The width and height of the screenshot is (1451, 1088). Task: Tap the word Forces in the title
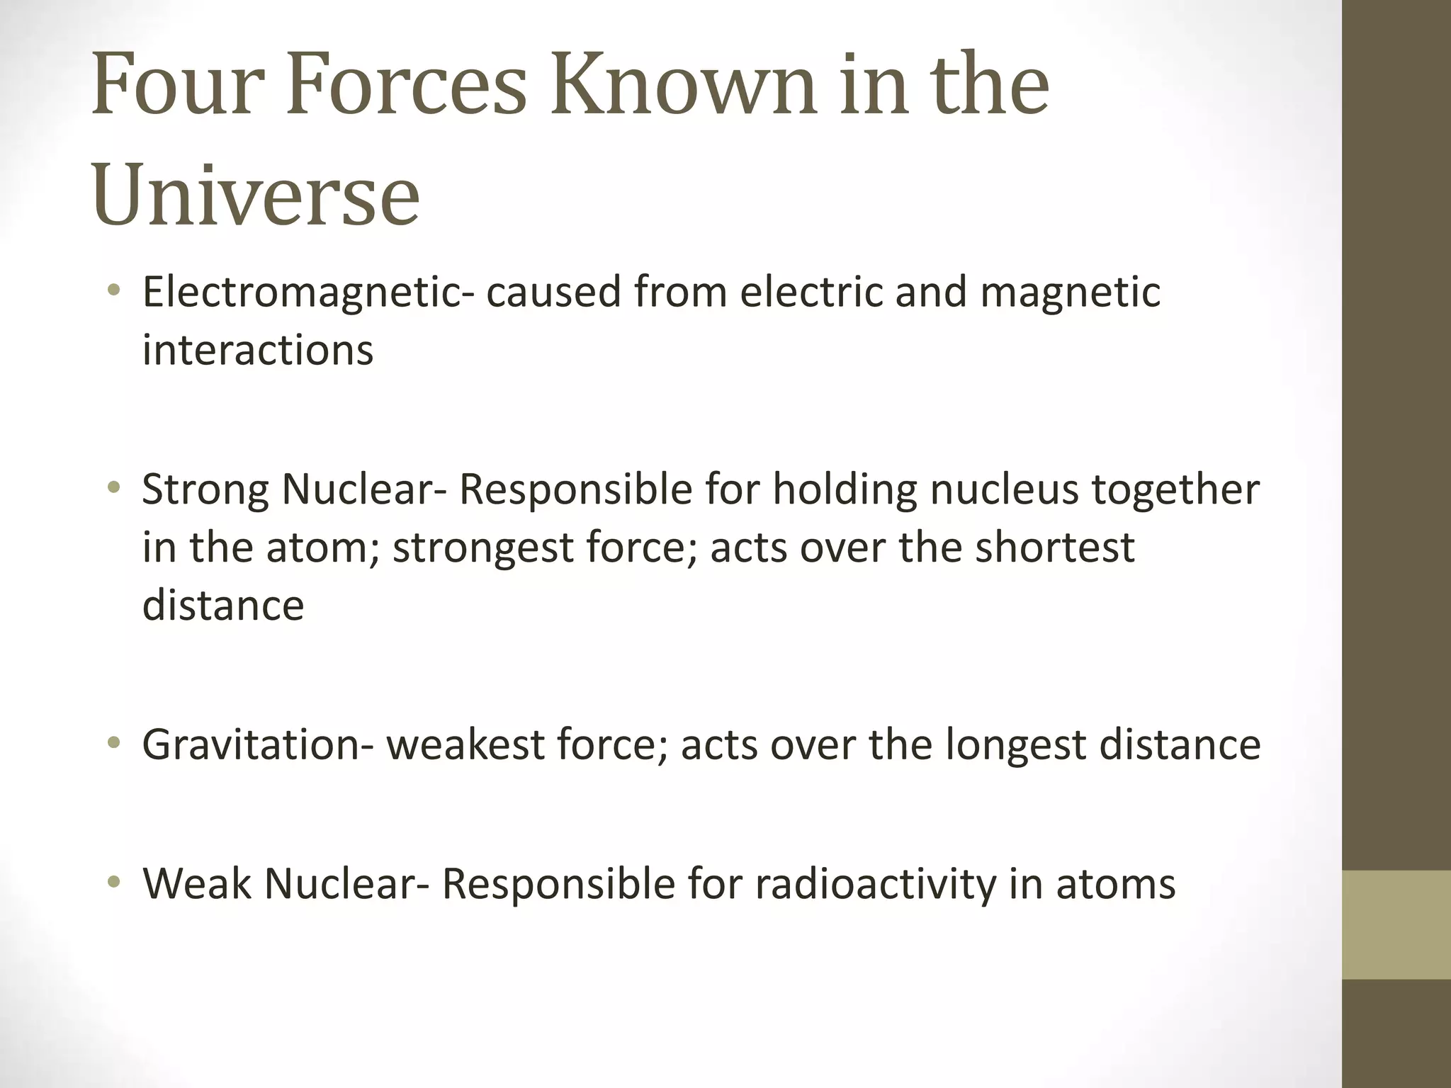coord(407,87)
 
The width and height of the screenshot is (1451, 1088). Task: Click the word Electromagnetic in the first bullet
coord(302,293)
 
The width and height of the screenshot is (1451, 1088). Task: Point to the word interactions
coord(257,351)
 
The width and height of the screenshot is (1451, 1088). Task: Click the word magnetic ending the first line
coord(1071,293)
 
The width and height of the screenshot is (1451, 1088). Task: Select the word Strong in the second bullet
coord(205,490)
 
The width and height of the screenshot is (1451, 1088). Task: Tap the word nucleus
coord(1003,490)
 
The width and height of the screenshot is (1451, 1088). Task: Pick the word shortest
coord(1054,548)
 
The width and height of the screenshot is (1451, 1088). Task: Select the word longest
coord(1015,746)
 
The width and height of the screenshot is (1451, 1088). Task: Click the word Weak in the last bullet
coord(196,885)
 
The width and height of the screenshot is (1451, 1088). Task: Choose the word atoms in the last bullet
coord(1116,885)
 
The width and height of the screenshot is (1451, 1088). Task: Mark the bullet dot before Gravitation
coord(113,743)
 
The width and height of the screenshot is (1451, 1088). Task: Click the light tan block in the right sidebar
coord(1396,924)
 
